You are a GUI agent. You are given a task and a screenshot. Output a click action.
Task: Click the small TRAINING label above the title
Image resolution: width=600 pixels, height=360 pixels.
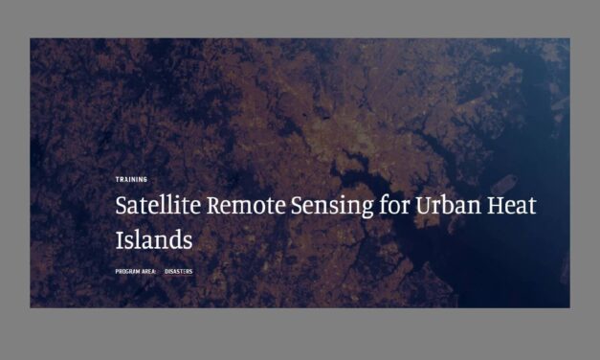point(131,179)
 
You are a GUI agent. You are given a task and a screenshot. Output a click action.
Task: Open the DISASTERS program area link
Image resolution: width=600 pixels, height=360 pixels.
point(179,272)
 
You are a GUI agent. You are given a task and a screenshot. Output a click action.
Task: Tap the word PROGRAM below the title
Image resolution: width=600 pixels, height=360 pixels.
point(128,272)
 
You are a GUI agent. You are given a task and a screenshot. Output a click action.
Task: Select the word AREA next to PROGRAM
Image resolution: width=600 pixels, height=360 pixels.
point(149,272)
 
